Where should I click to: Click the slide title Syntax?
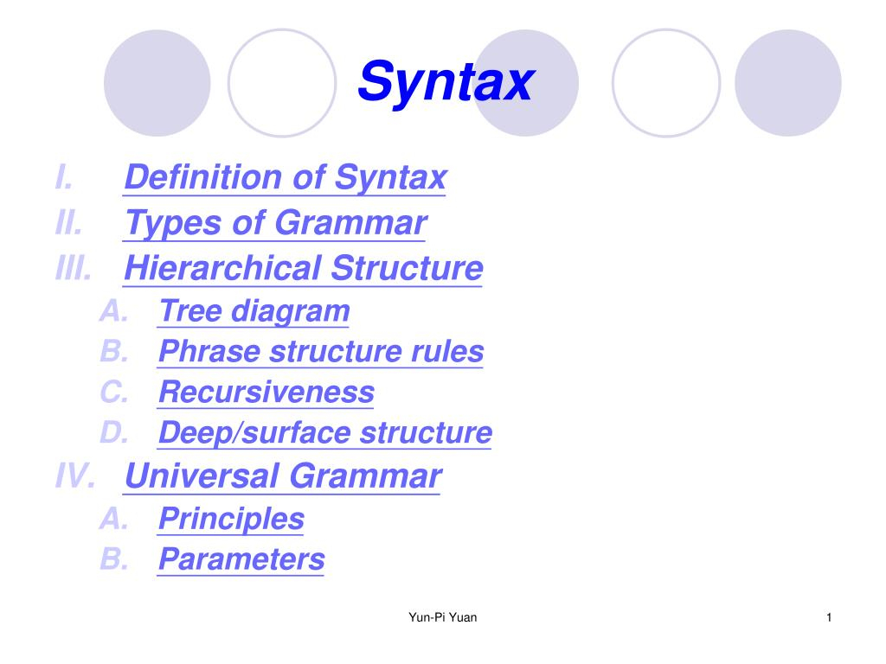[x=446, y=82]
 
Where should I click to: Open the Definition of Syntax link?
[x=286, y=178]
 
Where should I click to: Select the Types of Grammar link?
[x=275, y=224]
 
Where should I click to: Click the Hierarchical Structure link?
[x=304, y=268]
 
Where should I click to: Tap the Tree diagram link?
[x=254, y=311]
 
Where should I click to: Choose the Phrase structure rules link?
[x=321, y=351]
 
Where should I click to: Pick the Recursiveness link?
[x=266, y=392]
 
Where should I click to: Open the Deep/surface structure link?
[x=325, y=433]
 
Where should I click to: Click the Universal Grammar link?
[x=283, y=476]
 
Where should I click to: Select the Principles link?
[x=231, y=519]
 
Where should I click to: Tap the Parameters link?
[x=241, y=559]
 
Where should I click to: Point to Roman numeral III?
[x=74, y=268]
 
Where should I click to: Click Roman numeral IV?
[x=75, y=476]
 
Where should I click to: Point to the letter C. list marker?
[x=114, y=392]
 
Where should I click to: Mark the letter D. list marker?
[x=114, y=433]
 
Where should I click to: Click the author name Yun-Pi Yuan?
[x=442, y=617]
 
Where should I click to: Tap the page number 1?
[x=829, y=617]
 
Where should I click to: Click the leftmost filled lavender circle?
[x=157, y=83]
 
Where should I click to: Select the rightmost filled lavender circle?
[x=787, y=83]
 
